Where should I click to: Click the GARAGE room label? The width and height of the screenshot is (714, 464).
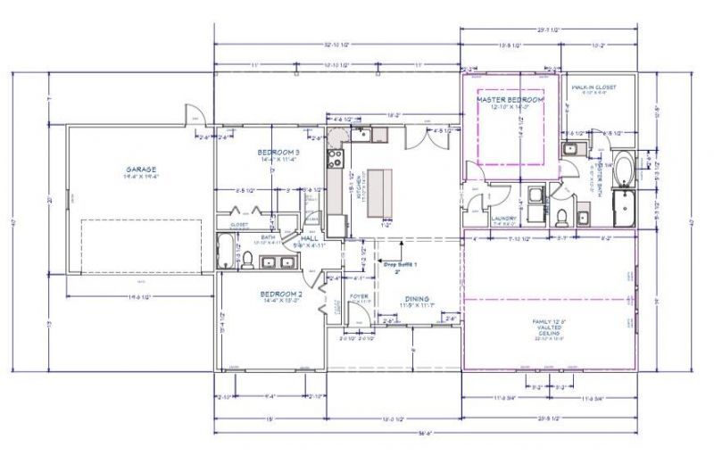[141, 169]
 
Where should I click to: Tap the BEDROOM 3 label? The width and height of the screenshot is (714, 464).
[278, 153]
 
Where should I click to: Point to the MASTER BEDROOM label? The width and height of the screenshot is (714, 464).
[510, 101]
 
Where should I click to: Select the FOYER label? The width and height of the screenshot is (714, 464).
[359, 295]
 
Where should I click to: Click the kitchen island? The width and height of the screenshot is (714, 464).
[382, 193]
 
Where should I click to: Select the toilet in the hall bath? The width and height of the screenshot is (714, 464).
[248, 260]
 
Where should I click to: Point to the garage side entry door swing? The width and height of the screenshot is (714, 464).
[194, 118]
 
